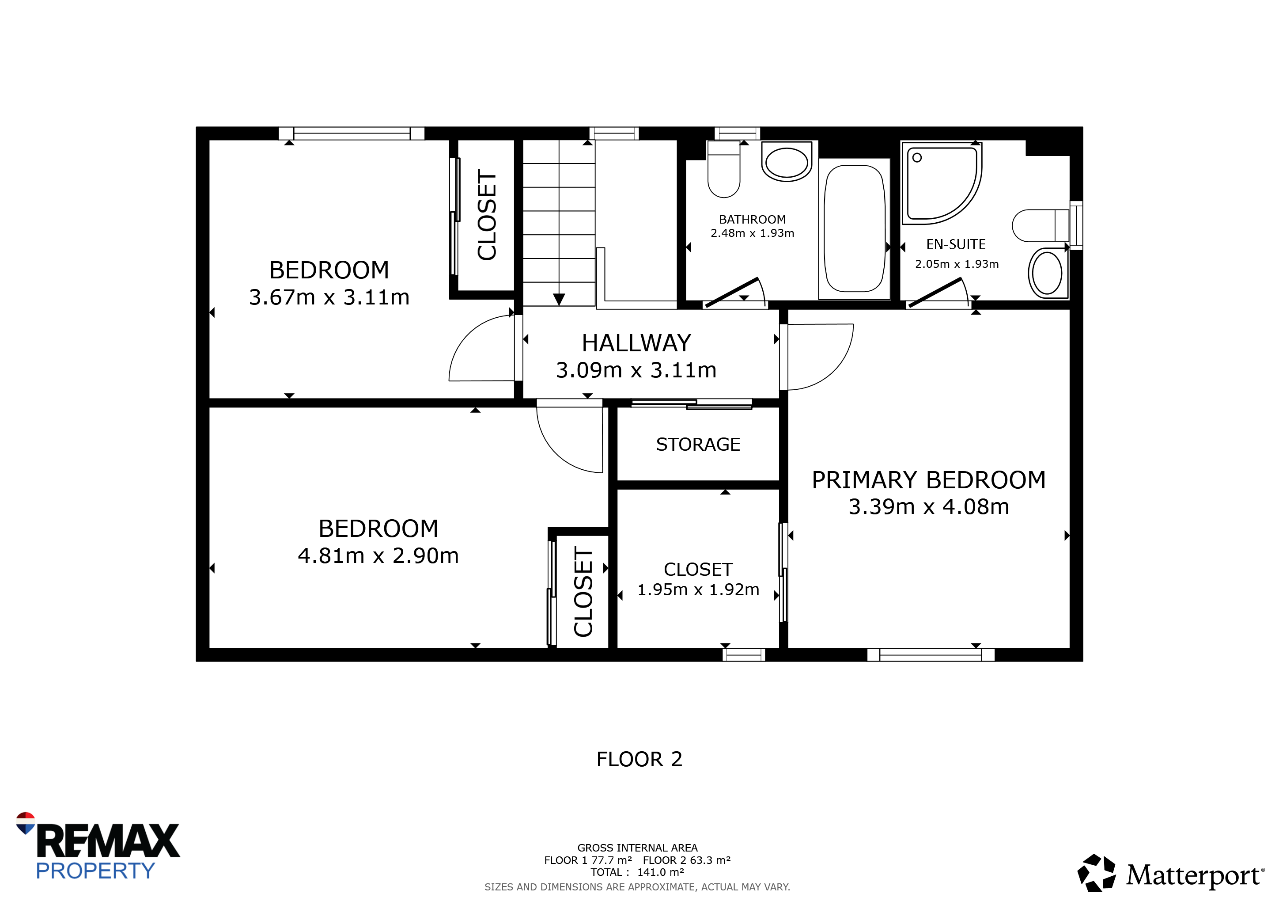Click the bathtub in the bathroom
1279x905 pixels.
[x=854, y=228]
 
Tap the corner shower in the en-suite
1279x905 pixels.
[x=942, y=183]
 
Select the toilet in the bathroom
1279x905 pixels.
[x=723, y=169]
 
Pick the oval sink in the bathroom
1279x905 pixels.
[x=787, y=162]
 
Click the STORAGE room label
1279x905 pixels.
[x=698, y=444]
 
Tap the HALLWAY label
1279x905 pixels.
[x=636, y=343]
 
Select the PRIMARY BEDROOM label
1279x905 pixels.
[x=929, y=480]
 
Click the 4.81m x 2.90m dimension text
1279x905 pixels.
[x=378, y=555]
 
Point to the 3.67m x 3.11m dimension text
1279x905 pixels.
[x=329, y=297]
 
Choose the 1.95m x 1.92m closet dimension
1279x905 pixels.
[x=698, y=589]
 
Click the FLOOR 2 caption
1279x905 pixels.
[x=639, y=759]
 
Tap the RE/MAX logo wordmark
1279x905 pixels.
[x=107, y=840]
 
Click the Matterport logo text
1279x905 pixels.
[x=1194, y=875]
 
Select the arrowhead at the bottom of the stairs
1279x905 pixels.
[x=559, y=299]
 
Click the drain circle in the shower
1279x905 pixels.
[x=917, y=158]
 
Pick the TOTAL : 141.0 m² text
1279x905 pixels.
[x=637, y=872]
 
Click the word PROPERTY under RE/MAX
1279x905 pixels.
[x=95, y=871]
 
